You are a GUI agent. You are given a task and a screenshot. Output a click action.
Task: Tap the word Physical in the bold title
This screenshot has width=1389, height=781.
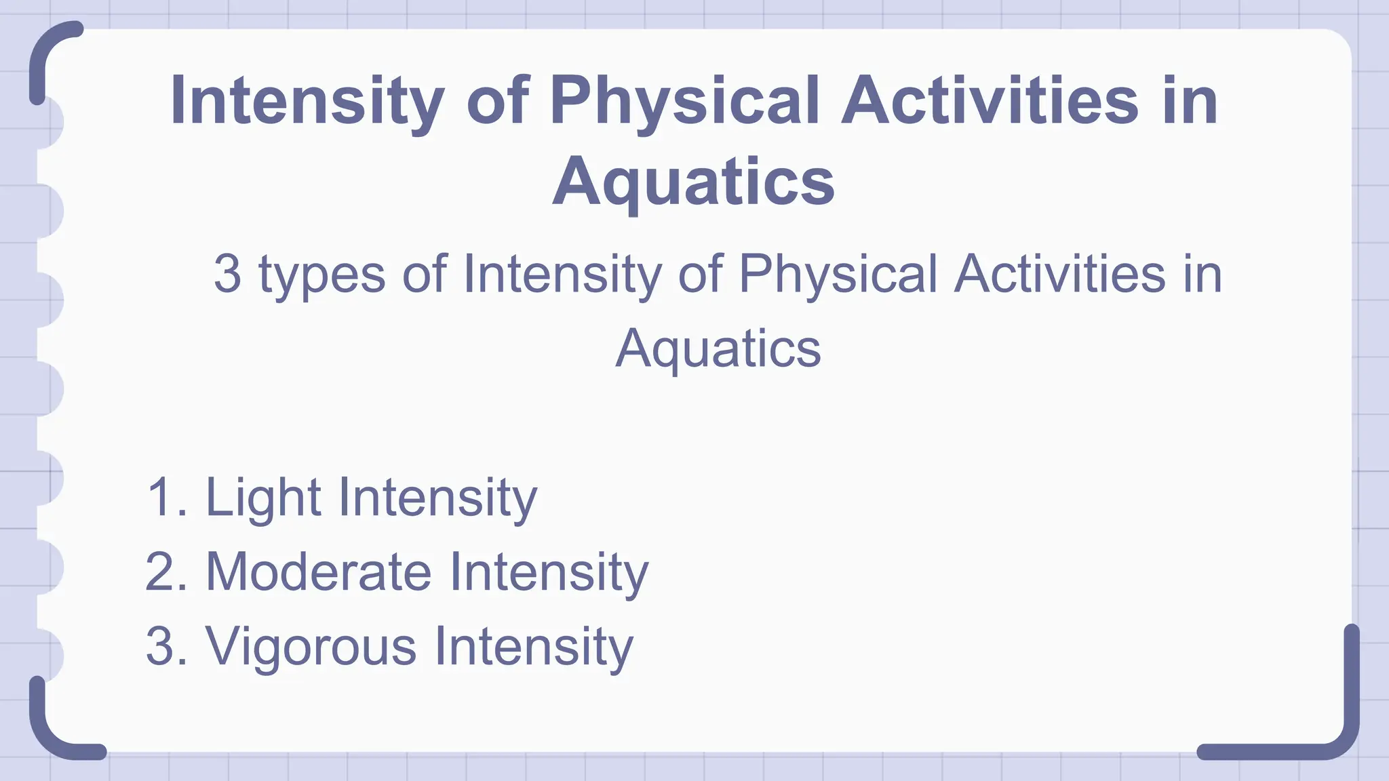[x=685, y=102]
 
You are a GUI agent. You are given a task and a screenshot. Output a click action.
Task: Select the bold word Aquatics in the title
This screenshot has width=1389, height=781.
[x=693, y=182]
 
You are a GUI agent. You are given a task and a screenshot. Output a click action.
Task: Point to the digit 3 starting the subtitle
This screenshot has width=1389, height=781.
[x=227, y=274]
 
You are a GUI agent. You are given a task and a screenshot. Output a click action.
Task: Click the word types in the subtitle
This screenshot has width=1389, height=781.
[x=322, y=275]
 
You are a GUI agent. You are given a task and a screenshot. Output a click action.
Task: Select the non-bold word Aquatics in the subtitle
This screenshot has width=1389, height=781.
[x=718, y=348]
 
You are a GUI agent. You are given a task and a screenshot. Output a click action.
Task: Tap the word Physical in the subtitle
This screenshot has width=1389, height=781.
[x=838, y=274]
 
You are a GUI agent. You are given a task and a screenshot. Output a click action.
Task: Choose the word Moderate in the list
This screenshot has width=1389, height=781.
[x=318, y=572]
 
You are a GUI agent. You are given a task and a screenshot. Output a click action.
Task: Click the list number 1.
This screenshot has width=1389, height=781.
[x=163, y=498]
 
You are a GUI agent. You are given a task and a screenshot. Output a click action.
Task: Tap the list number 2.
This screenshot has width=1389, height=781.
[x=163, y=572]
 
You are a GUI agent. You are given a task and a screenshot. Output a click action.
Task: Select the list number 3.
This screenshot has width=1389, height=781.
[x=163, y=647]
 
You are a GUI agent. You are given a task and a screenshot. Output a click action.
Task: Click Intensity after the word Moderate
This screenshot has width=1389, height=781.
[x=549, y=572]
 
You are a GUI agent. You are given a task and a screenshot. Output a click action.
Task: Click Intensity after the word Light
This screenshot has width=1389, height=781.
[x=437, y=498]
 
